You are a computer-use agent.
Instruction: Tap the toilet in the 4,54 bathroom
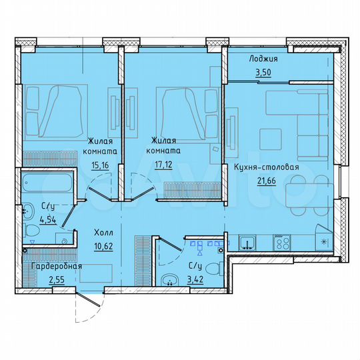(x=31, y=231)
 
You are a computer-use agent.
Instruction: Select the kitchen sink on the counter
(x=248, y=243)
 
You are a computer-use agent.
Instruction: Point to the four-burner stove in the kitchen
(x=280, y=243)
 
